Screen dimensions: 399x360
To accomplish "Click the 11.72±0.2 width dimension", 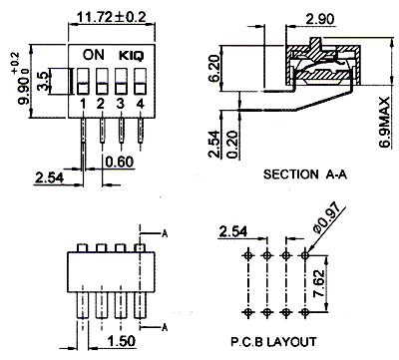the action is [x=112, y=17].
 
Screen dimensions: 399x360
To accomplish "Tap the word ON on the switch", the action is [x=94, y=55].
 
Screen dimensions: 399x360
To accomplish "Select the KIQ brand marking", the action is [x=132, y=56].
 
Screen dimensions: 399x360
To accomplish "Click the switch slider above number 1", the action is [x=83, y=82].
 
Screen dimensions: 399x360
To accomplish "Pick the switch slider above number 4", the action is [x=141, y=82].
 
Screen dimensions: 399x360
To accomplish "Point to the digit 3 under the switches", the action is [x=121, y=104].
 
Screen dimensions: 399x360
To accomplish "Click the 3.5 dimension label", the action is [x=43, y=81].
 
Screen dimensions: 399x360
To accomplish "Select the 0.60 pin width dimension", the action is [x=120, y=162].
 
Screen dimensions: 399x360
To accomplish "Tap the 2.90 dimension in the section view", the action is [x=319, y=19].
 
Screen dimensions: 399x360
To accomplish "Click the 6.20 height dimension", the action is [x=215, y=69].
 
